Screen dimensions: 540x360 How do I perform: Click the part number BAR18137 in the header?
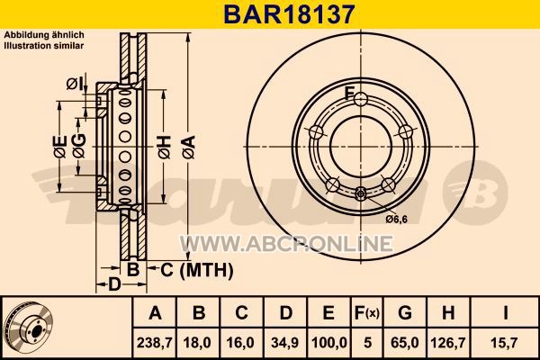coord(289,14)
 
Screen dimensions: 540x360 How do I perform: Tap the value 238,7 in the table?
coord(154,343)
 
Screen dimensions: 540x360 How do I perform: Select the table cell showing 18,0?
coord(198,343)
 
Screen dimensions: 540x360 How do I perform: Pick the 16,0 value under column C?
coord(241,343)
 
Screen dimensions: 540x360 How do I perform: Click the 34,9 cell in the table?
coord(285,343)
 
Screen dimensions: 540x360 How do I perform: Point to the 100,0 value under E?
coord(328,343)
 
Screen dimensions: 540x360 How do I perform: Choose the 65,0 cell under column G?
coord(405,343)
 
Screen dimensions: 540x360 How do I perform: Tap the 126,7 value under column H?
coord(448,343)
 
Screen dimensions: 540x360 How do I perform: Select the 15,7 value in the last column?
coord(504,343)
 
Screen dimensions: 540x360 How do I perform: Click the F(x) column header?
coord(367,313)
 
